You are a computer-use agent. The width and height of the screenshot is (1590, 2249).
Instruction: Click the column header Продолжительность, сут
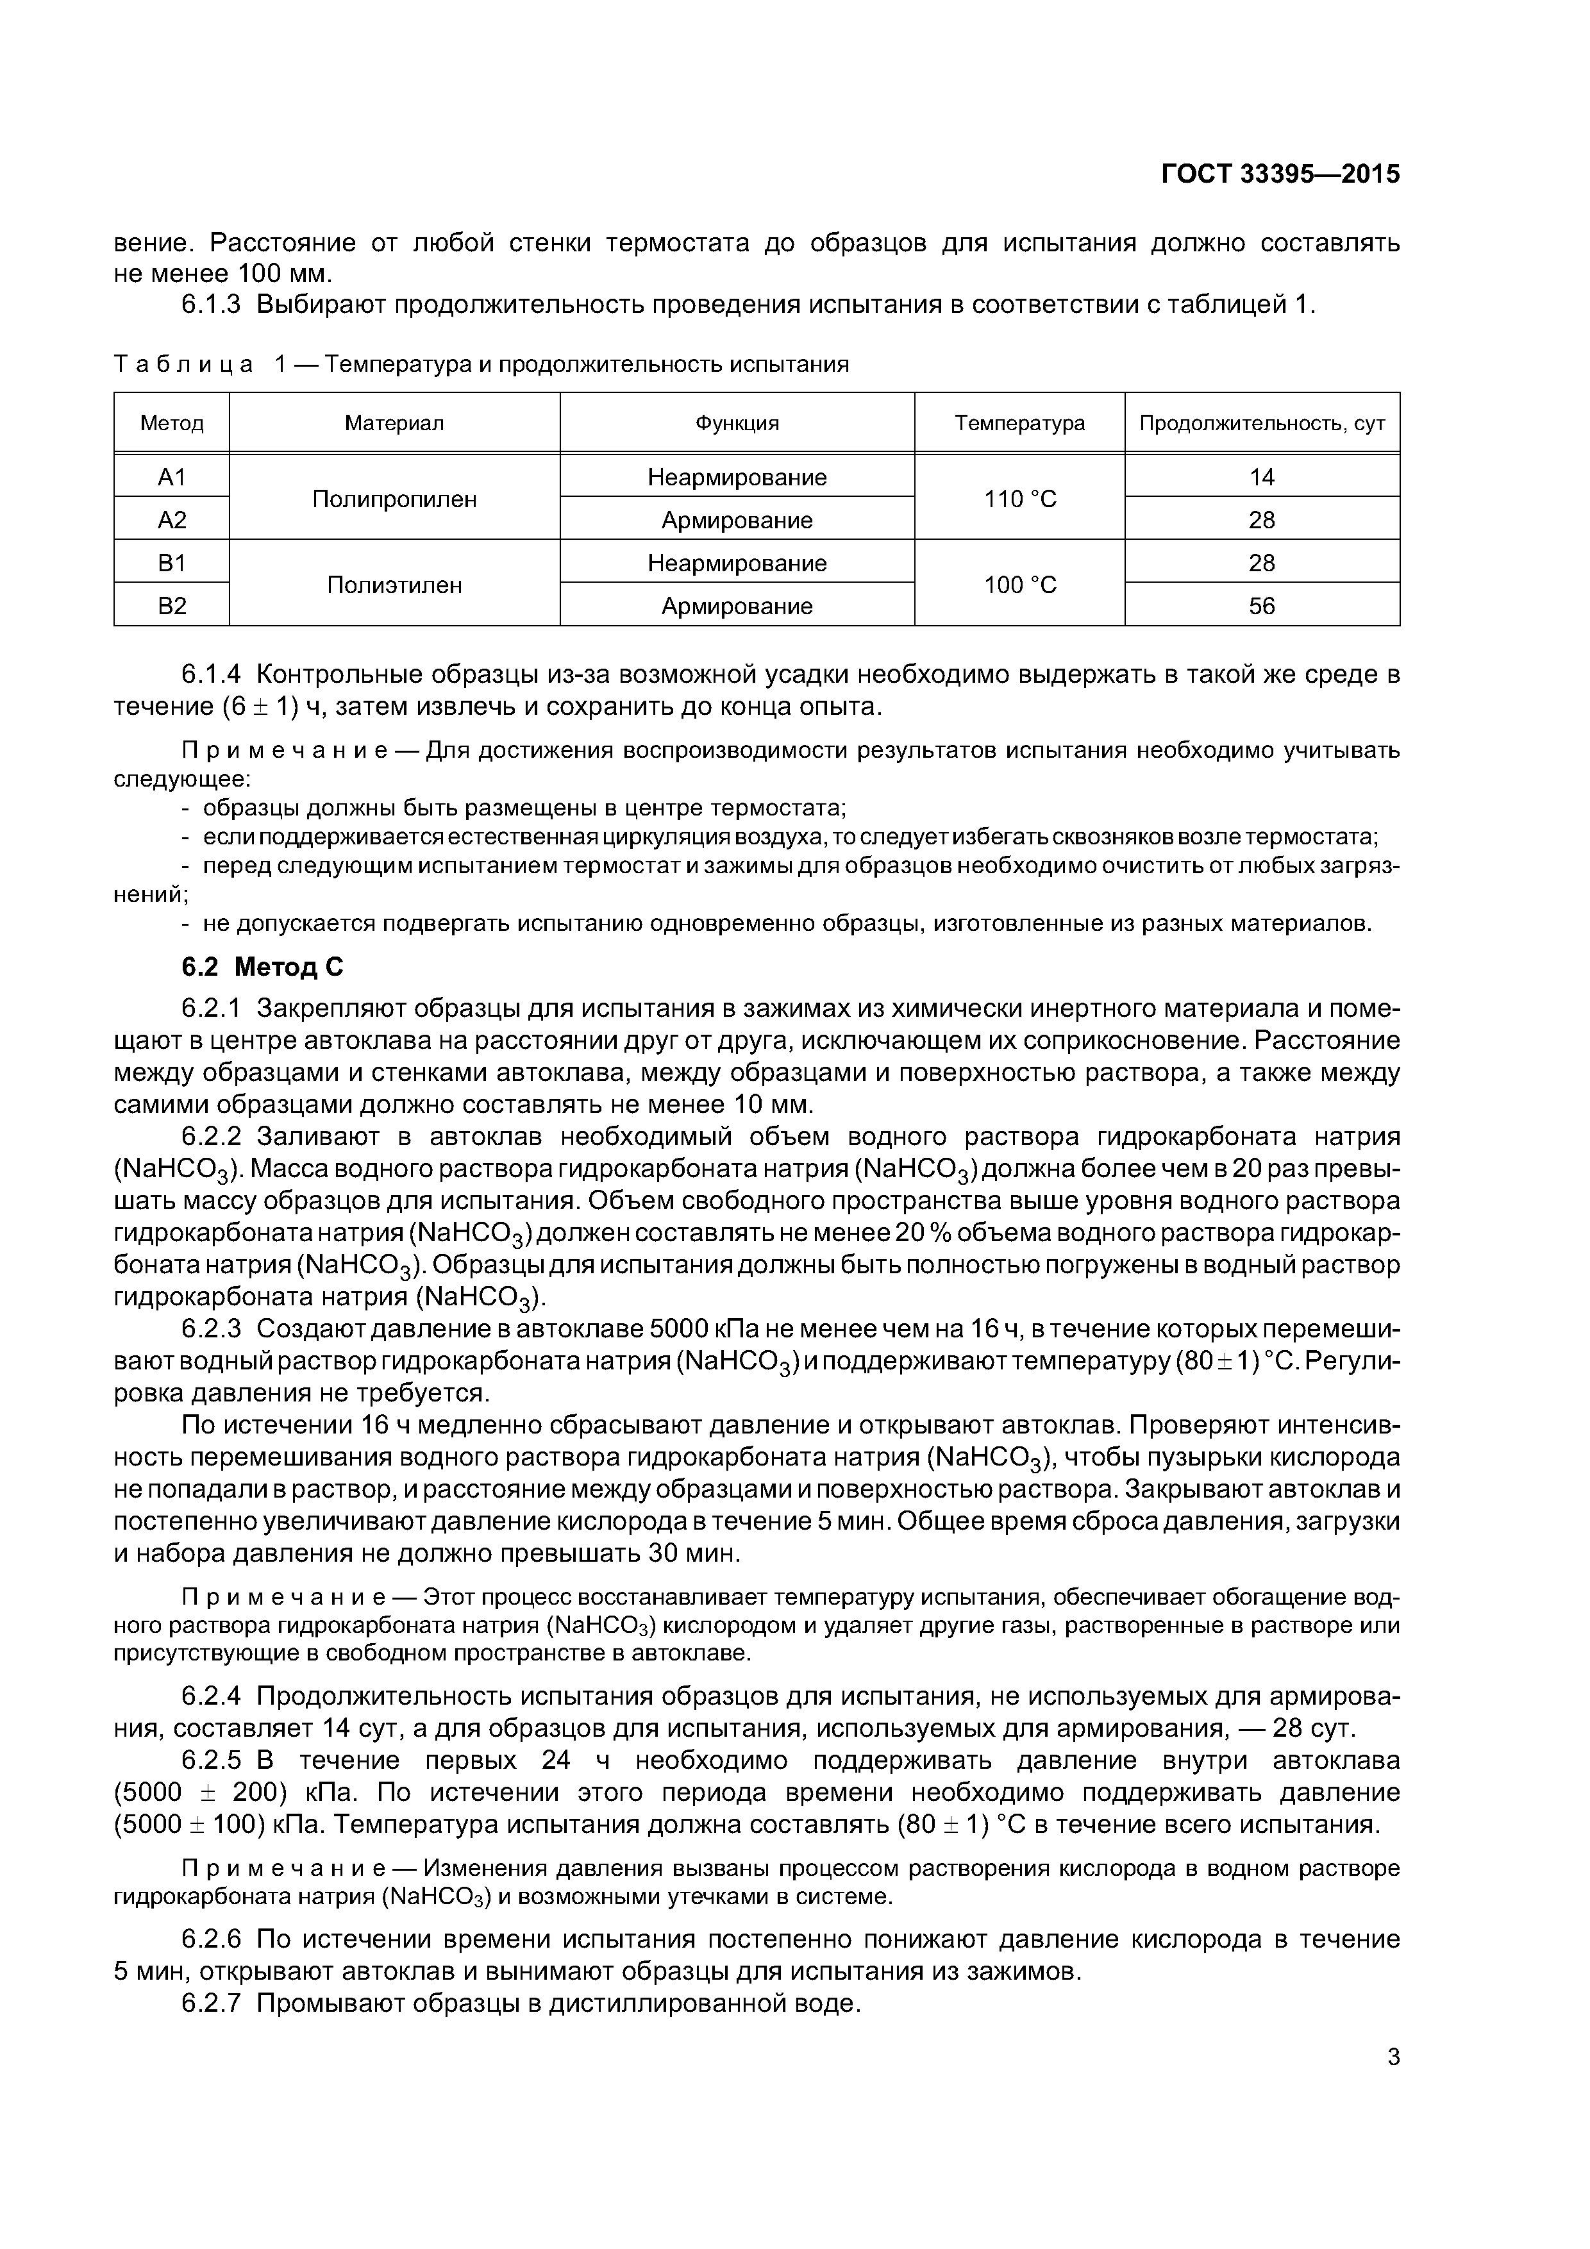1261,423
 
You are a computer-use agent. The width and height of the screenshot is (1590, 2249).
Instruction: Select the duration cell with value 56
1261,606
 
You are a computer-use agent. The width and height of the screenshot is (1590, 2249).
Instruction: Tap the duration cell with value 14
1261,477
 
